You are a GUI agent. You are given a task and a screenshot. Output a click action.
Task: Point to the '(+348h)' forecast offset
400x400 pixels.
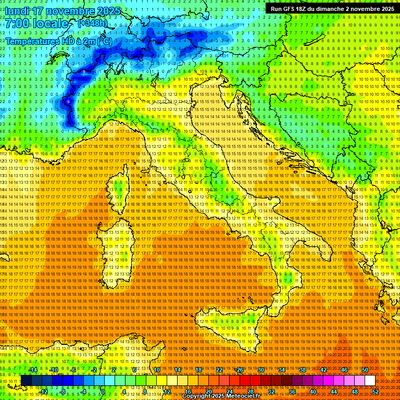click(92, 23)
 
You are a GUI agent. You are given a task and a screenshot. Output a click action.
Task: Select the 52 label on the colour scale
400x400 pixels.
click(375, 391)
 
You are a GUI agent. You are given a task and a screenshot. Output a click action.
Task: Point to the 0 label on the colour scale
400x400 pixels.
click(103, 391)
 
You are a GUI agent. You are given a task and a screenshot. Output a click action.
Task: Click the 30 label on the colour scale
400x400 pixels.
click(261, 369)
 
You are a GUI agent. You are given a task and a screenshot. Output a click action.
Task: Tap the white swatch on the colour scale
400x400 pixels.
click(370, 380)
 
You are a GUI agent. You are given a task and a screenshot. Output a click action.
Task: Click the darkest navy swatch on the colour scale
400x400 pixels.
click(26, 380)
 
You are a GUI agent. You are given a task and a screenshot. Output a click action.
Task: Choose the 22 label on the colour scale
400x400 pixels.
click(219, 369)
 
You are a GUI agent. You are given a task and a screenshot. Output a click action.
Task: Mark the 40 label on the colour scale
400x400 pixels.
click(312, 391)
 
